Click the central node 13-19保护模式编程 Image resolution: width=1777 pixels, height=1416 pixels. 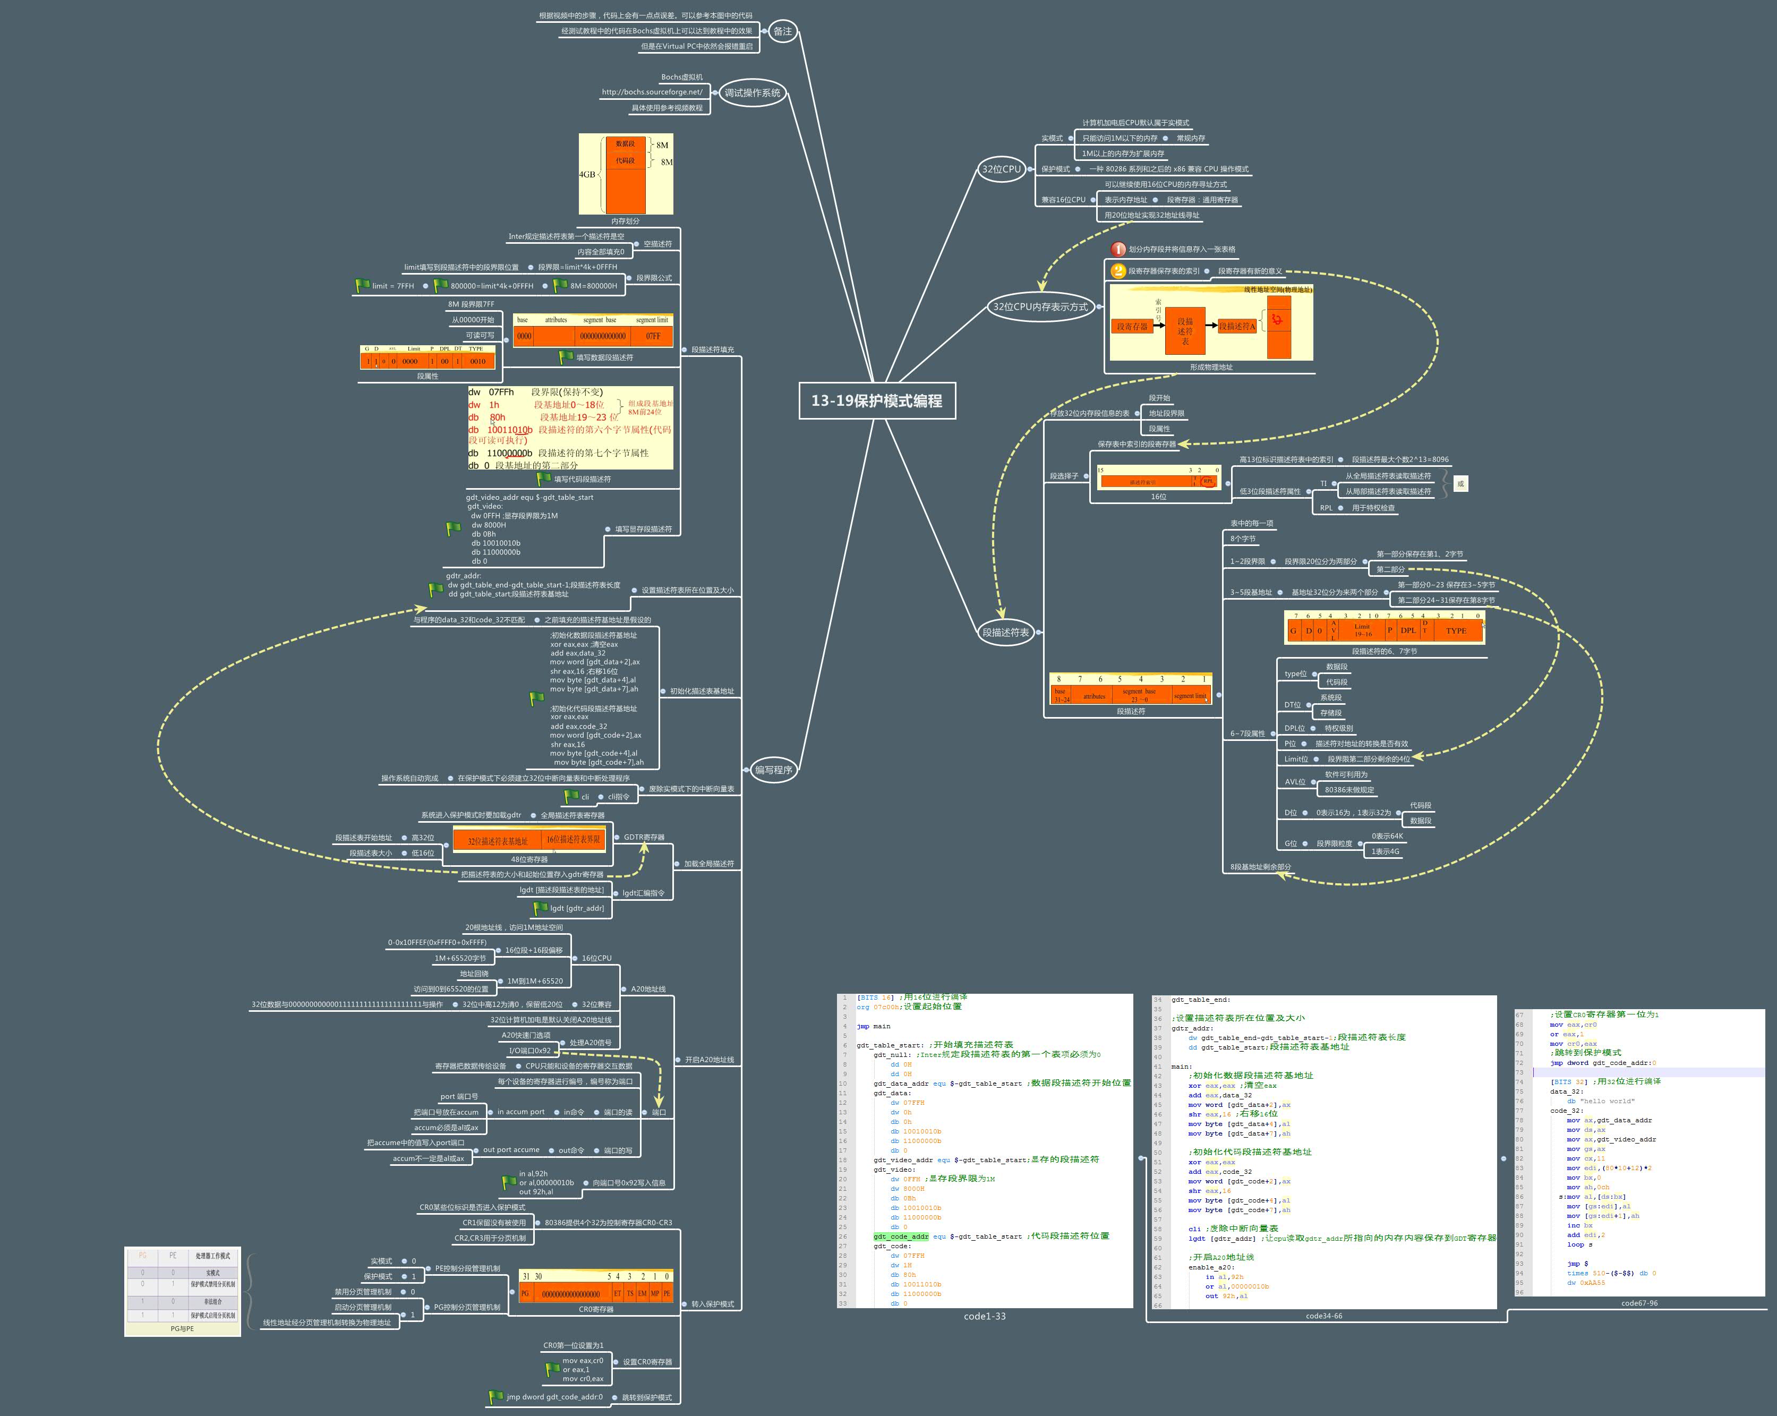click(x=876, y=400)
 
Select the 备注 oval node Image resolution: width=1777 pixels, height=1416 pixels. click(x=782, y=31)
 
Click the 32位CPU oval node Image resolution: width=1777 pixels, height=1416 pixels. click(x=1001, y=169)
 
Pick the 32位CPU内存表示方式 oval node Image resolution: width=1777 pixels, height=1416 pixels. click(x=1040, y=306)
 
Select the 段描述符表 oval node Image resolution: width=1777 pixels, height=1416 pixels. click(x=1005, y=632)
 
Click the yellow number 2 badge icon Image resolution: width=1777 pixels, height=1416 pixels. click(x=1117, y=270)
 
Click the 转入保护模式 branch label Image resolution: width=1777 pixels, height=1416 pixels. click(x=712, y=1304)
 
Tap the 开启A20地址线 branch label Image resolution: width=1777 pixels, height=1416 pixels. click(x=709, y=1060)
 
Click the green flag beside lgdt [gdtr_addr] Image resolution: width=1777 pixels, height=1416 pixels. click(x=541, y=908)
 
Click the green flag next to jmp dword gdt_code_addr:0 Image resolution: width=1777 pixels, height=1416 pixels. click(x=495, y=1397)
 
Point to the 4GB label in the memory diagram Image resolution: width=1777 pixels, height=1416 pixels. click(x=587, y=175)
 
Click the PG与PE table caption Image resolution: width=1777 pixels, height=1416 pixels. click(x=182, y=1329)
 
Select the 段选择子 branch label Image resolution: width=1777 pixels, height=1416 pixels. click(x=1063, y=476)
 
